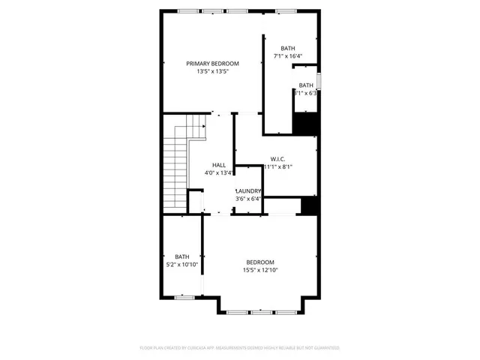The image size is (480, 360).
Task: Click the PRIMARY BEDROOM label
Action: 212,64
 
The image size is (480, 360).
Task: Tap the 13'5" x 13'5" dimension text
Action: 212,72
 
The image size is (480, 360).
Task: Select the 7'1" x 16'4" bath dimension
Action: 287,56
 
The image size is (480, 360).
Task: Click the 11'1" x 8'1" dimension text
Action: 277,167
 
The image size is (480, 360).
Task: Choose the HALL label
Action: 219,165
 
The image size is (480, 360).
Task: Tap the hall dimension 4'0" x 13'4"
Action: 219,173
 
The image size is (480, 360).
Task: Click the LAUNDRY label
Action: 248,190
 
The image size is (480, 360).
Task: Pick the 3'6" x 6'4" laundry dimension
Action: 248,199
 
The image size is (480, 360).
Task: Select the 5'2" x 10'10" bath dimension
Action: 182,265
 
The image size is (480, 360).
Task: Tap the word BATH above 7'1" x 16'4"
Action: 288,48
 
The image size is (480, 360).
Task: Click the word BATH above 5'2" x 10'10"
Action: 182,256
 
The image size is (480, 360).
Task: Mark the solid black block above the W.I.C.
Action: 304,123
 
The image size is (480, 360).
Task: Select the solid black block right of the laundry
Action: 308,205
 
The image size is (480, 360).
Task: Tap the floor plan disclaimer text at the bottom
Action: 240,348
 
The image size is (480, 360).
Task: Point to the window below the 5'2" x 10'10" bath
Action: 184,298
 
